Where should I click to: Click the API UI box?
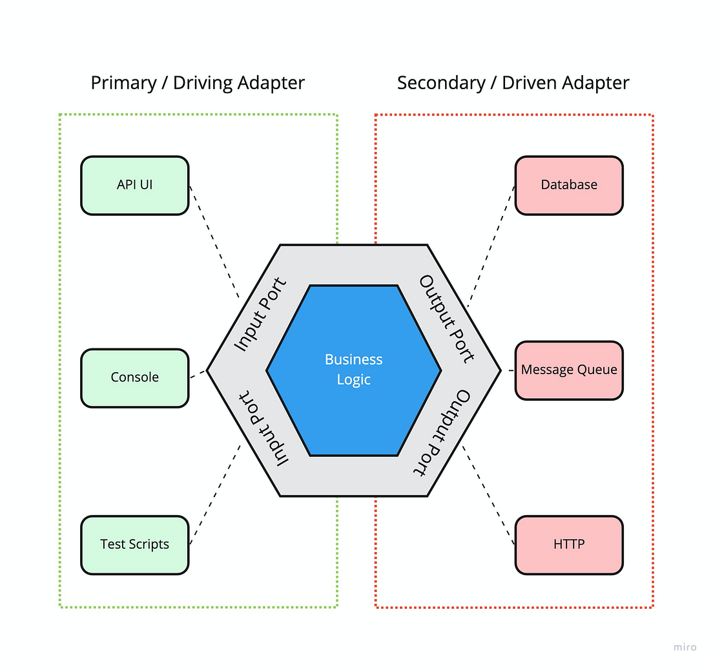point(134,185)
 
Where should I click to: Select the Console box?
point(134,377)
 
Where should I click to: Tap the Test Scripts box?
point(134,544)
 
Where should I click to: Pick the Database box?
point(569,185)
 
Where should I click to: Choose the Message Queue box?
point(569,370)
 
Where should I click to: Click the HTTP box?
point(569,544)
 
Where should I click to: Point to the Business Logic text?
point(354,369)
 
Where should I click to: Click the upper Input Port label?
point(260,315)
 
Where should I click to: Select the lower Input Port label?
point(263,427)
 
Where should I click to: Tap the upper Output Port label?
point(447,319)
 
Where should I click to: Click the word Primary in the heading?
point(123,83)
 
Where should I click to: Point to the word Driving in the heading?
point(202,83)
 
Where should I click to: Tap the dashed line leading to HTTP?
point(490,494)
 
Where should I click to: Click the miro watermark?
point(685,647)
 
